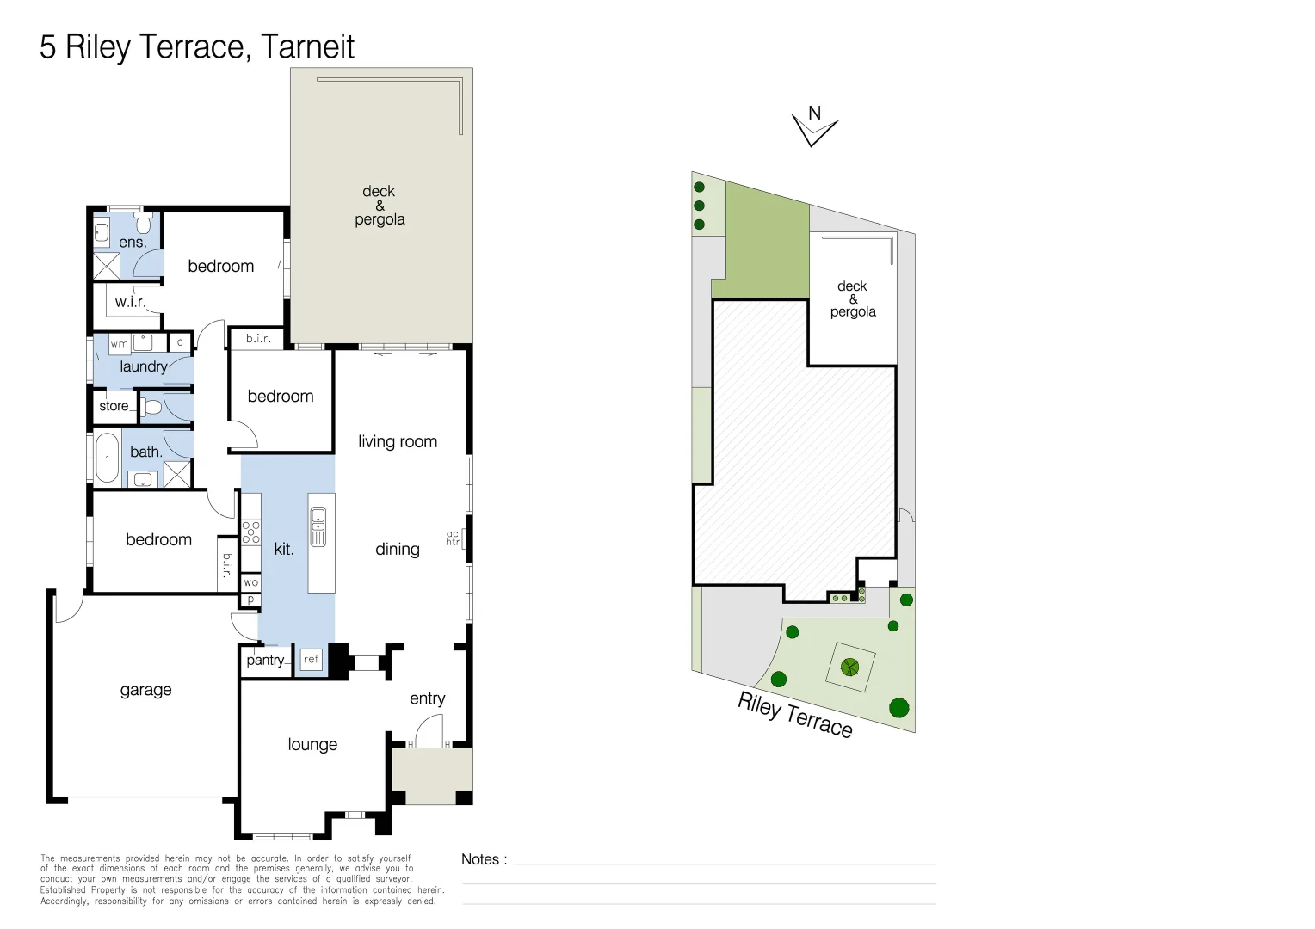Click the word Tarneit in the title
click(x=307, y=46)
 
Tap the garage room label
click(x=145, y=690)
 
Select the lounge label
click(x=312, y=744)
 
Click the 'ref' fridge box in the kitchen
click(x=311, y=659)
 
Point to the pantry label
click(x=265, y=660)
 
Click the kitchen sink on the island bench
click(x=318, y=526)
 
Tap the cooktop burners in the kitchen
click(x=250, y=532)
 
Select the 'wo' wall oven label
click(x=250, y=582)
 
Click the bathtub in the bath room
click(x=107, y=458)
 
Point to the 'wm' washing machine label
click(x=120, y=343)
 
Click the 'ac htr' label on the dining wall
click(x=453, y=538)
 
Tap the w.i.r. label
click(x=130, y=302)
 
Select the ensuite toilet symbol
click(x=144, y=225)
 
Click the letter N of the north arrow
click(x=814, y=113)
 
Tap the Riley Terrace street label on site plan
click(x=794, y=715)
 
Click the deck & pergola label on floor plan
click(x=380, y=205)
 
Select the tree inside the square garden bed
click(x=850, y=666)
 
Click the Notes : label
click(x=484, y=859)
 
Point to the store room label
click(x=114, y=406)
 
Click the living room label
click(x=398, y=441)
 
